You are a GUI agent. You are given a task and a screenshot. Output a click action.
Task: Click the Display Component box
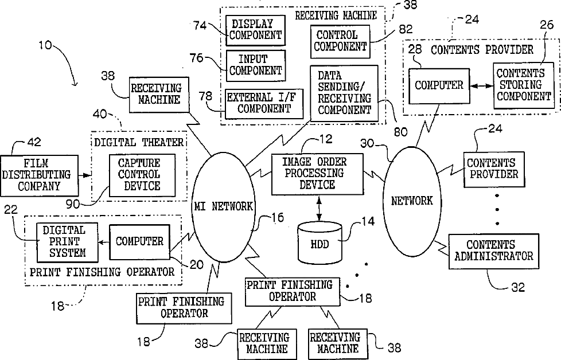[x=255, y=30]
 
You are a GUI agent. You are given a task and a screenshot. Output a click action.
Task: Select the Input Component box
[x=255, y=65]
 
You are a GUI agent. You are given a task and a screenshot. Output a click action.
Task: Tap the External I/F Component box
[x=264, y=104]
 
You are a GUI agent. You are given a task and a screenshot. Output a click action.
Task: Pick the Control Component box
[x=340, y=41]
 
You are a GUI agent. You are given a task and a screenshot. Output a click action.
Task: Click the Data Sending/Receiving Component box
[x=344, y=93]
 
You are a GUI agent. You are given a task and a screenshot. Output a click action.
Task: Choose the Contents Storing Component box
[x=524, y=85]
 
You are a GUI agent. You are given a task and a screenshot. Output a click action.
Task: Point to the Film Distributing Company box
[x=39, y=175]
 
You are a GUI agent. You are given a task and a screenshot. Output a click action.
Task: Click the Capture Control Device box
[x=142, y=175]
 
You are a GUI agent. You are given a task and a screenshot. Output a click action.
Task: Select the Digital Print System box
[x=67, y=242]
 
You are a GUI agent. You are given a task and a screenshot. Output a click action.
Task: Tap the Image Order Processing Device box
[x=317, y=174]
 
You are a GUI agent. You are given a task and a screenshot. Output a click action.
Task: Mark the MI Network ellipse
[x=224, y=208]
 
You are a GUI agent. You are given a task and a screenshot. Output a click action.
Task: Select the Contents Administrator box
[x=494, y=251]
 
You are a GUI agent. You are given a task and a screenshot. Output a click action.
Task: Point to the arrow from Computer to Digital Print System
[x=104, y=242]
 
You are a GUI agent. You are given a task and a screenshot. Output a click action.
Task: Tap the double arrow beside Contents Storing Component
[x=482, y=86]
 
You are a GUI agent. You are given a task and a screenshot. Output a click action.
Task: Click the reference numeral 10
[x=45, y=45]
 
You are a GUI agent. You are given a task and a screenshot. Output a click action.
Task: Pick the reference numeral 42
[x=34, y=142]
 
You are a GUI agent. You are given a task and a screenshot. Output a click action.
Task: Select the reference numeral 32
[x=518, y=287]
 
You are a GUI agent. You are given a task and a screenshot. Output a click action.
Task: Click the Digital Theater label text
[x=139, y=143]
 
